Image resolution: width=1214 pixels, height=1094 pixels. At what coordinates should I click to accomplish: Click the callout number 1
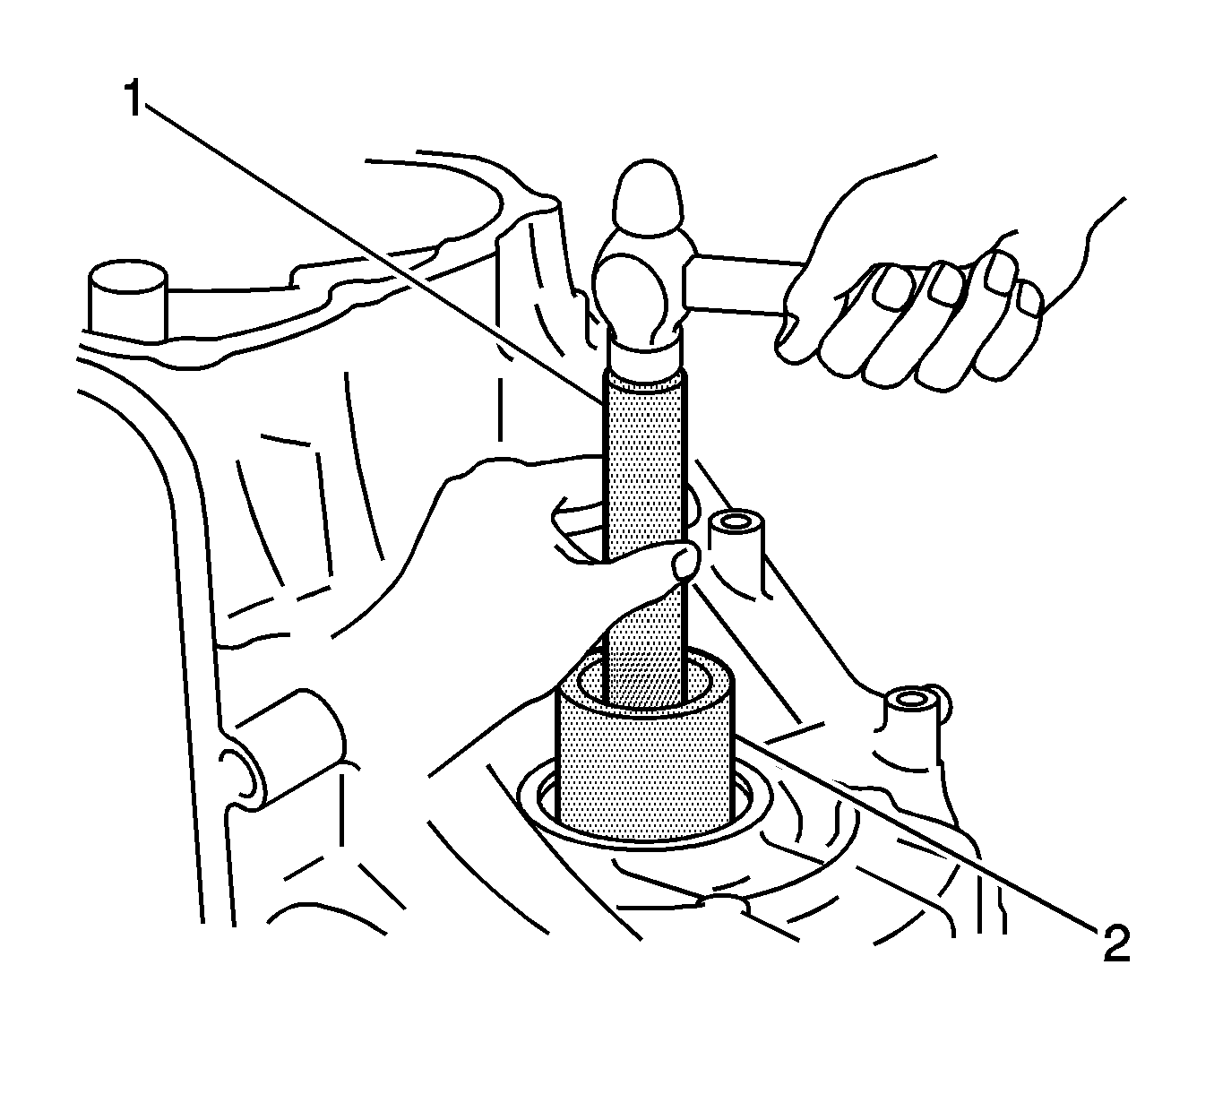point(133,99)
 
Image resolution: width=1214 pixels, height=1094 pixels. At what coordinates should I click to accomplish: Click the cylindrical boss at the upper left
point(127,303)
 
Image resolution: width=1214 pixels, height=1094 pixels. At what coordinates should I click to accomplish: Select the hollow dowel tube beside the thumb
point(736,538)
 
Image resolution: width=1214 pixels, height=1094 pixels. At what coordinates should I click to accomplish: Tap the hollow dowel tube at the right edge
point(910,720)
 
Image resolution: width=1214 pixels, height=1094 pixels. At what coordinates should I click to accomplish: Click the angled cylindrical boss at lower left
point(284,751)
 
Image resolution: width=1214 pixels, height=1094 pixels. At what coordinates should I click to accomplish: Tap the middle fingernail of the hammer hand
point(945,283)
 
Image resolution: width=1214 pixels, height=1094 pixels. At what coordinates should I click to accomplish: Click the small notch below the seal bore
point(723,906)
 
